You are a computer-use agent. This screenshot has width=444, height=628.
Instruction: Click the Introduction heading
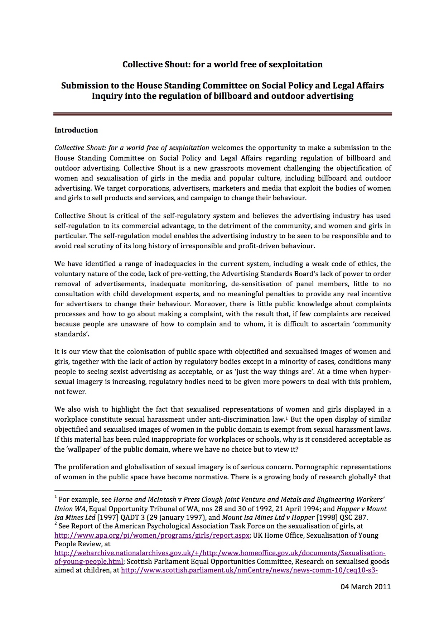(76, 130)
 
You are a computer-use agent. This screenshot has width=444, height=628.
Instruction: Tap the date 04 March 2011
(365, 587)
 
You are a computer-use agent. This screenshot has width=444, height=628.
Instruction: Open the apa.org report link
(152, 536)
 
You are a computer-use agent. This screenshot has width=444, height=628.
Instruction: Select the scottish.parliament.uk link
(250, 570)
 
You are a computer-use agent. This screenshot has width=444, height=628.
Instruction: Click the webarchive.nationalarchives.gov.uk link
(219, 553)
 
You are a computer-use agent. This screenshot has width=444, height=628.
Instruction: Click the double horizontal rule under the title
(222, 114)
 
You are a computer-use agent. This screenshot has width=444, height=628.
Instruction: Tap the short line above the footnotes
(108, 490)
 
